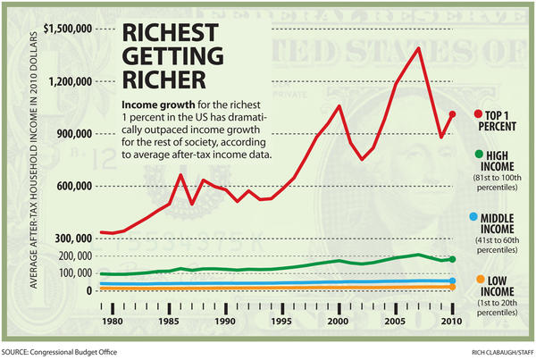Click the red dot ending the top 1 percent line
452,114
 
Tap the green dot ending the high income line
452,259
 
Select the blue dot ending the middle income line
452,281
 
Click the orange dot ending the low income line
452,287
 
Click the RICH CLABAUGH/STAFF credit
490,351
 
